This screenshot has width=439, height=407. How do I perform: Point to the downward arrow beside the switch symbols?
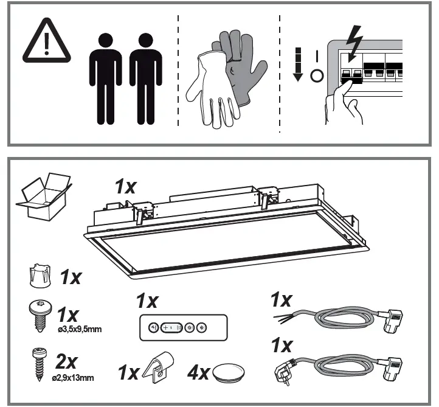pyautogui.click(x=298, y=66)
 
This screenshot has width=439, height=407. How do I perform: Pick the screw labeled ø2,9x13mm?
pyautogui.click(x=40, y=361)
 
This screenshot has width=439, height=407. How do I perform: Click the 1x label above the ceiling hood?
pyautogui.click(x=126, y=186)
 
